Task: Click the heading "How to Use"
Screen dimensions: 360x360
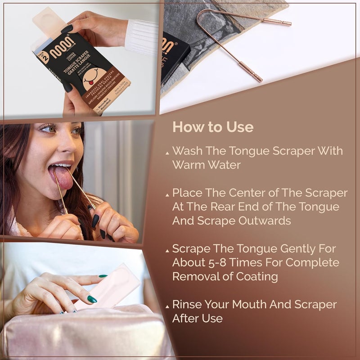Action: click(x=213, y=127)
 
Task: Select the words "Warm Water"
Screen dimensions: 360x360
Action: click(x=206, y=165)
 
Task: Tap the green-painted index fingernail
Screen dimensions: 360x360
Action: click(x=92, y=299)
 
